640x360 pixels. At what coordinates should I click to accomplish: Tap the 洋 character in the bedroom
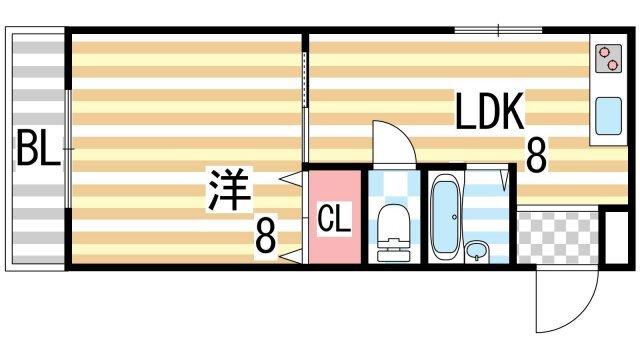click(228, 190)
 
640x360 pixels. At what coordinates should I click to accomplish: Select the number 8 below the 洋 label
click(264, 236)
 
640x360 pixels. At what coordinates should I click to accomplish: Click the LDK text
click(490, 113)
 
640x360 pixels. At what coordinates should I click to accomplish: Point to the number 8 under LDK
click(536, 155)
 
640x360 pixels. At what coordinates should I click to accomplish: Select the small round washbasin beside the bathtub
click(477, 249)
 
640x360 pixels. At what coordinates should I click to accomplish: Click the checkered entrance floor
click(559, 237)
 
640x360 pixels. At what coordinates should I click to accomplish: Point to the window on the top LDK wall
click(498, 30)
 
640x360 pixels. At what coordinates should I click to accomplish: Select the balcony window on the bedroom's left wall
click(67, 150)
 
